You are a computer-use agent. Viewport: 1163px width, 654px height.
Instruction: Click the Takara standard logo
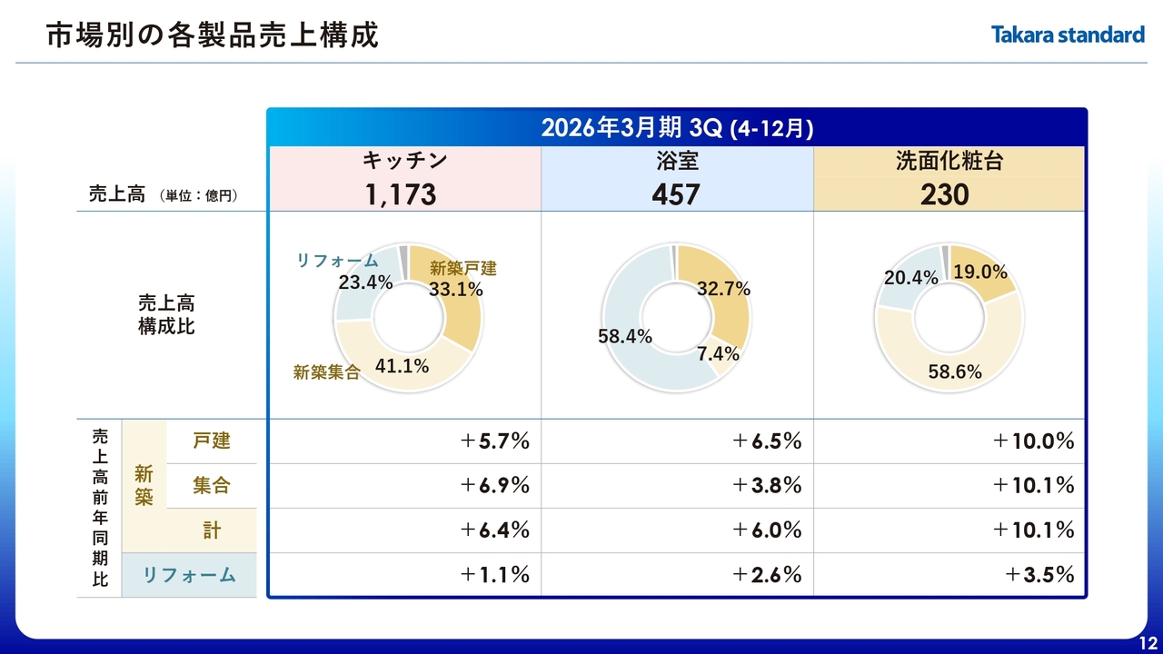[1067, 35]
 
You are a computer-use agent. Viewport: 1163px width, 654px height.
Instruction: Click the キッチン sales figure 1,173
[402, 194]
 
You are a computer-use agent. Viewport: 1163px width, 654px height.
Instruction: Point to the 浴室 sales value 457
[676, 194]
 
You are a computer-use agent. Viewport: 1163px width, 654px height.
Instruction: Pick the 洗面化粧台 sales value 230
[945, 194]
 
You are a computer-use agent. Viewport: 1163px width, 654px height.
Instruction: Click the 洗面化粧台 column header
[949, 162]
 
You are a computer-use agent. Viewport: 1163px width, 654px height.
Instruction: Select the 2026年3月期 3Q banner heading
[677, 128]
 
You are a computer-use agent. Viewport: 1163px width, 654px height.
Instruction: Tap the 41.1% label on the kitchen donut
[402, 366]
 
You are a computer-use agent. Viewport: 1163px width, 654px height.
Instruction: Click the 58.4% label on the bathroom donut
[625, 336]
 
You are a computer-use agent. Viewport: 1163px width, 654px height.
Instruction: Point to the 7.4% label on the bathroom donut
[718, 354]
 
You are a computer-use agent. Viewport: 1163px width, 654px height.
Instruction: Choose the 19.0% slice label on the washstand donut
[979, 272]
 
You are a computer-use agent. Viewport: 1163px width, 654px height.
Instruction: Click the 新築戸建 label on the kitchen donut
[463, 268]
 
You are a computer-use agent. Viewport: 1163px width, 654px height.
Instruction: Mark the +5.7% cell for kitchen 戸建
[494, 441]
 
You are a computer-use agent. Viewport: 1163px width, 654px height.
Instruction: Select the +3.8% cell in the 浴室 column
[767, 485]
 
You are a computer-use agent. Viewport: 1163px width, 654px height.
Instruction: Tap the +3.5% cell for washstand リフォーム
[1039, 574]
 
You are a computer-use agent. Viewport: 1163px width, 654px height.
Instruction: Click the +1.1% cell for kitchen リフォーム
[494, 574]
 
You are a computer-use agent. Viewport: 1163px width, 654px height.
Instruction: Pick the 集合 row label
[212, 485]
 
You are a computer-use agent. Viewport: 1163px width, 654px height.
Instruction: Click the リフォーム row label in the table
[189, 574]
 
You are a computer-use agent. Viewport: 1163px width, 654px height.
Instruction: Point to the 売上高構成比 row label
[166, 314]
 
